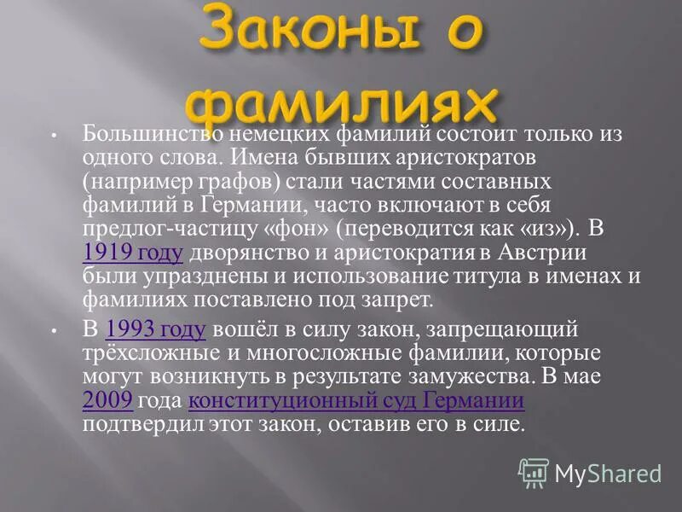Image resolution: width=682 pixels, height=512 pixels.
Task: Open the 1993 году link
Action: tap(156, 329)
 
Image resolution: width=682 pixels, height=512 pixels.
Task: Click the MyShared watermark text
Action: tap(607, 473)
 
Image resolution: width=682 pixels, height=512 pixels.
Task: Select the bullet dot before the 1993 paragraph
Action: tap(53, 330)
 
